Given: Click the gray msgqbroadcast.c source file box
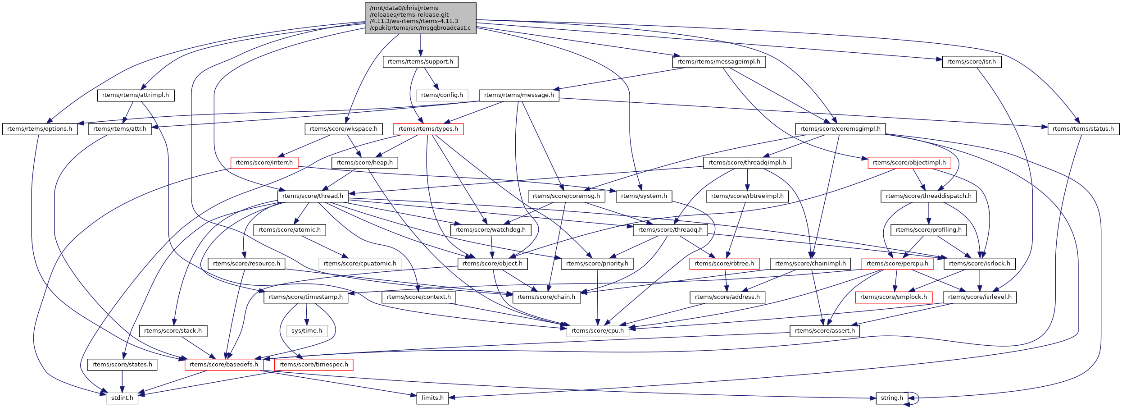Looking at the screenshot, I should pyautogui.click(x=420, y=18).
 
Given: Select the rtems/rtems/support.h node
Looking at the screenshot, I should pyautogui.click(x=420, y=62).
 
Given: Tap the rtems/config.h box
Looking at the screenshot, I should pyautogui.click(x=442, y=95).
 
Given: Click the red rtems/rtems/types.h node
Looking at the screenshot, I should pyautogui.click(x=428, y=129).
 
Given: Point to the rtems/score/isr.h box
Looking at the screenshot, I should pyautogui.click(x=972, y=62).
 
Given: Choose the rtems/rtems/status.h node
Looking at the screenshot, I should pyautogui.click(x=1083, y=129).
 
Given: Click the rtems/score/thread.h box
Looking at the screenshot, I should pyautogui.click(x=313, y=196).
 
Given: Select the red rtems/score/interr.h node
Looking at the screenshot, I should pyautogui.click(x=264, y=163).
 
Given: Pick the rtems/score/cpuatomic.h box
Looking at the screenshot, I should pyautogui.click(x=360, y=264).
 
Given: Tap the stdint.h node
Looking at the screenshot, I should pyautogui.click(x=122, y=398).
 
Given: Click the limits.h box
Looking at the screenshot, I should pyautogui.click(x=432, y=398).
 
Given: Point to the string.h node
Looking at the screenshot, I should pyautogui.click(x=892, y=398).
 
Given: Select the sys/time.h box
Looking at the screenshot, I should pyautogui.click(x=307, y=331).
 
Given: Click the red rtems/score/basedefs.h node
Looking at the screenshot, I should pyautogui.click(x=224, y=365).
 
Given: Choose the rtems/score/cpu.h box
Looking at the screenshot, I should pyautogui.click(x=598, y=331).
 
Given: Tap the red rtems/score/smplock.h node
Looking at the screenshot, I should pyautogui.click(x=894, y=297).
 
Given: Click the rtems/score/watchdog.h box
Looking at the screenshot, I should pyautogui.click(x=491, y=230).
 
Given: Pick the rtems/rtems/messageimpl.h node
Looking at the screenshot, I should pyautogui.click(x=719, y=62).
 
